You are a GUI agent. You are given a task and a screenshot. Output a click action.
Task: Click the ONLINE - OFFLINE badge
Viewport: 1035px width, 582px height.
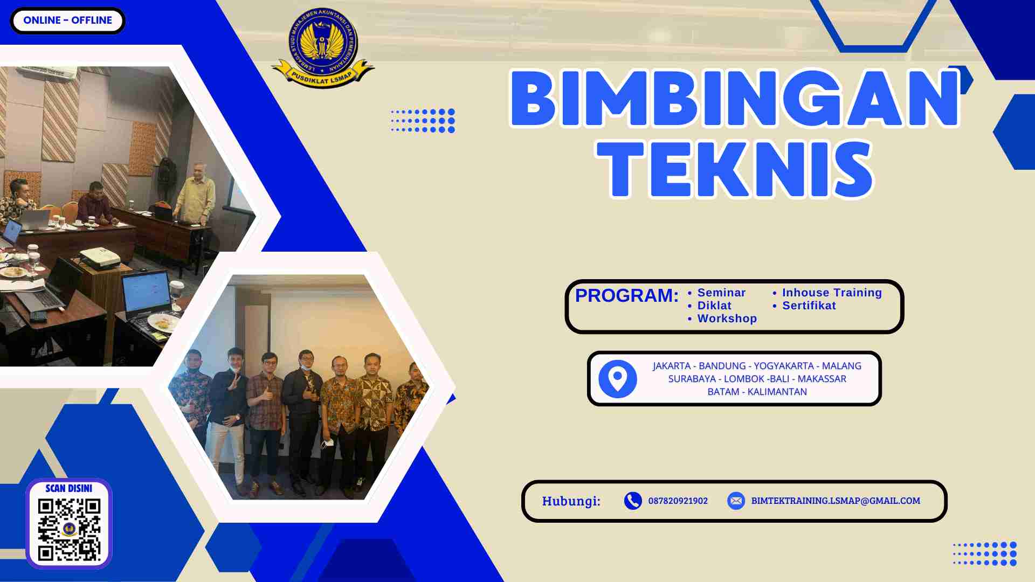click(x=67, y=20)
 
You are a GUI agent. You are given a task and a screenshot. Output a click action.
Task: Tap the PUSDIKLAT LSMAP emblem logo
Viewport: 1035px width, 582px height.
click(x=322, y=48)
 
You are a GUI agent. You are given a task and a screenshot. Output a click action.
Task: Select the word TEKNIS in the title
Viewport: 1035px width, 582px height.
click(x=735, y=170)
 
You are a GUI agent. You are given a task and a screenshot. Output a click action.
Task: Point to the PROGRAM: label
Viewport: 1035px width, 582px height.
click(x=626, y=295)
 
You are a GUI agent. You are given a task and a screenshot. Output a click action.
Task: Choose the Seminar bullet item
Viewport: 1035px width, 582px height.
click(x=721, y=293)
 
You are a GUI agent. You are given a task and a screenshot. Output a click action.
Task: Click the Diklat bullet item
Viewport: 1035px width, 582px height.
click(x=714, y=306)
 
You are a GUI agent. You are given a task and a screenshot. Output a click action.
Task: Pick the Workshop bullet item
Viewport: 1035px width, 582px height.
click(x=727, y=318)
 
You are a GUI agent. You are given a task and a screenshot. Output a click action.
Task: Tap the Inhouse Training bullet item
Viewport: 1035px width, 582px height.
click(x=832, y=293)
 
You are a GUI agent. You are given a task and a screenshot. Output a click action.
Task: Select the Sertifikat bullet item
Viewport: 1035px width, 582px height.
click(x=809, y=306)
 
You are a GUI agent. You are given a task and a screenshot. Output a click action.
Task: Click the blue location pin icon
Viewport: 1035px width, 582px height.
click(x=618, y=379)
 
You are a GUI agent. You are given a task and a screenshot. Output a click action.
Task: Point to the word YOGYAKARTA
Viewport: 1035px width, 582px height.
click(x=783, y=366)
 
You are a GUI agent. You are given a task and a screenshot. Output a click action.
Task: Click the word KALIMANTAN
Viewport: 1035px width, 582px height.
click(x=777, y=392)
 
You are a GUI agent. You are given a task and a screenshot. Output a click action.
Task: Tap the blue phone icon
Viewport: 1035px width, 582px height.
click(x=633, y=501)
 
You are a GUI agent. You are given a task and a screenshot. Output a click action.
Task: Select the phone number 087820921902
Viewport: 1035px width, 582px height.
click(x=678, y=501)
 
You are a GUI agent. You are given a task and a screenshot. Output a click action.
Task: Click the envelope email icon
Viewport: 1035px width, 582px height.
click(x=736, y=501)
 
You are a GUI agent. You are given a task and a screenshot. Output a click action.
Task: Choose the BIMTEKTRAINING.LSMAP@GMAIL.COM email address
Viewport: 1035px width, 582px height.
click(x=836, y=501)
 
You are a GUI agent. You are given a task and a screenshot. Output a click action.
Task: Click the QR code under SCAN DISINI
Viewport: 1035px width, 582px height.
click(x=69, y=529)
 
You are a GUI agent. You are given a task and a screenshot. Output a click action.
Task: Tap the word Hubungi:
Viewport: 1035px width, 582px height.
click(x=571, y=501)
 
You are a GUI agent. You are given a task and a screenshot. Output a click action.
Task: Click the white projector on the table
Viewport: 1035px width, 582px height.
click(x=100, y=258)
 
